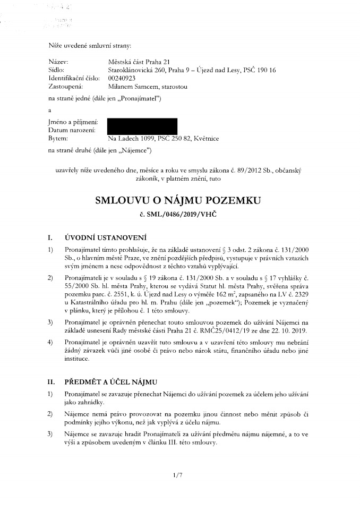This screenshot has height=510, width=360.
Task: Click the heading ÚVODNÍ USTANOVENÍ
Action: [105, 237]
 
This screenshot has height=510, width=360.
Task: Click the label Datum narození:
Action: [72, 131]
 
